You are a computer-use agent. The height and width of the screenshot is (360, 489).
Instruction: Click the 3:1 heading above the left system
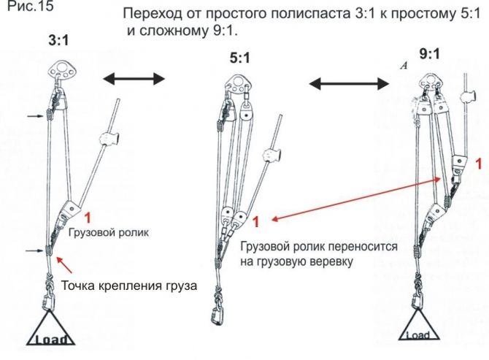[x=58, y=43]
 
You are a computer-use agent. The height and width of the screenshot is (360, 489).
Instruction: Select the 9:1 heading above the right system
[x=430, y=53]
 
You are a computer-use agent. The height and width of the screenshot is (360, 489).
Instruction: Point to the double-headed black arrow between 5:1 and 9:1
[x=349, y=84]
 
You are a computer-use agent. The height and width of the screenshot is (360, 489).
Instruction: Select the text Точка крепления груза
[x=129, y=285]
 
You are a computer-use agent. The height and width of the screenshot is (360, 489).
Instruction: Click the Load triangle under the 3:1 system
[x=54, y=329]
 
